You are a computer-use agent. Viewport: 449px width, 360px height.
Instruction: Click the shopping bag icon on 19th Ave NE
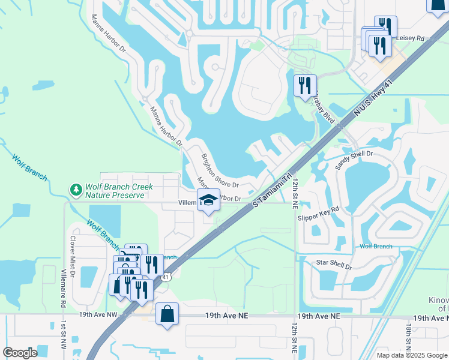pos(167,314)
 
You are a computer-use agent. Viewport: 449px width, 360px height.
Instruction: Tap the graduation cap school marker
pos(208,200)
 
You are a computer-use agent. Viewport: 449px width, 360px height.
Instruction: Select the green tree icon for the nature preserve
pos(76,190)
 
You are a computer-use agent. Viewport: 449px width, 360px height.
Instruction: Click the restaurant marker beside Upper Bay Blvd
pos(305,85)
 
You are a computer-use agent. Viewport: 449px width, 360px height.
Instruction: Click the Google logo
pos(20,352)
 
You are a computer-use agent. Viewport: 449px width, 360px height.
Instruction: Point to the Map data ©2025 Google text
pos(412,355)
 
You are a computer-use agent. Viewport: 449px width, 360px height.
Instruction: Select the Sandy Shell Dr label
pos(354,161)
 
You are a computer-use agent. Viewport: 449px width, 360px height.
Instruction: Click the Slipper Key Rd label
pos(318,212)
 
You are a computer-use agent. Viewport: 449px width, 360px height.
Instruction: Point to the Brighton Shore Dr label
pos(220,170)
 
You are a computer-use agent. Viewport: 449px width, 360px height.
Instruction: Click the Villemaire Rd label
pos(62,287)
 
